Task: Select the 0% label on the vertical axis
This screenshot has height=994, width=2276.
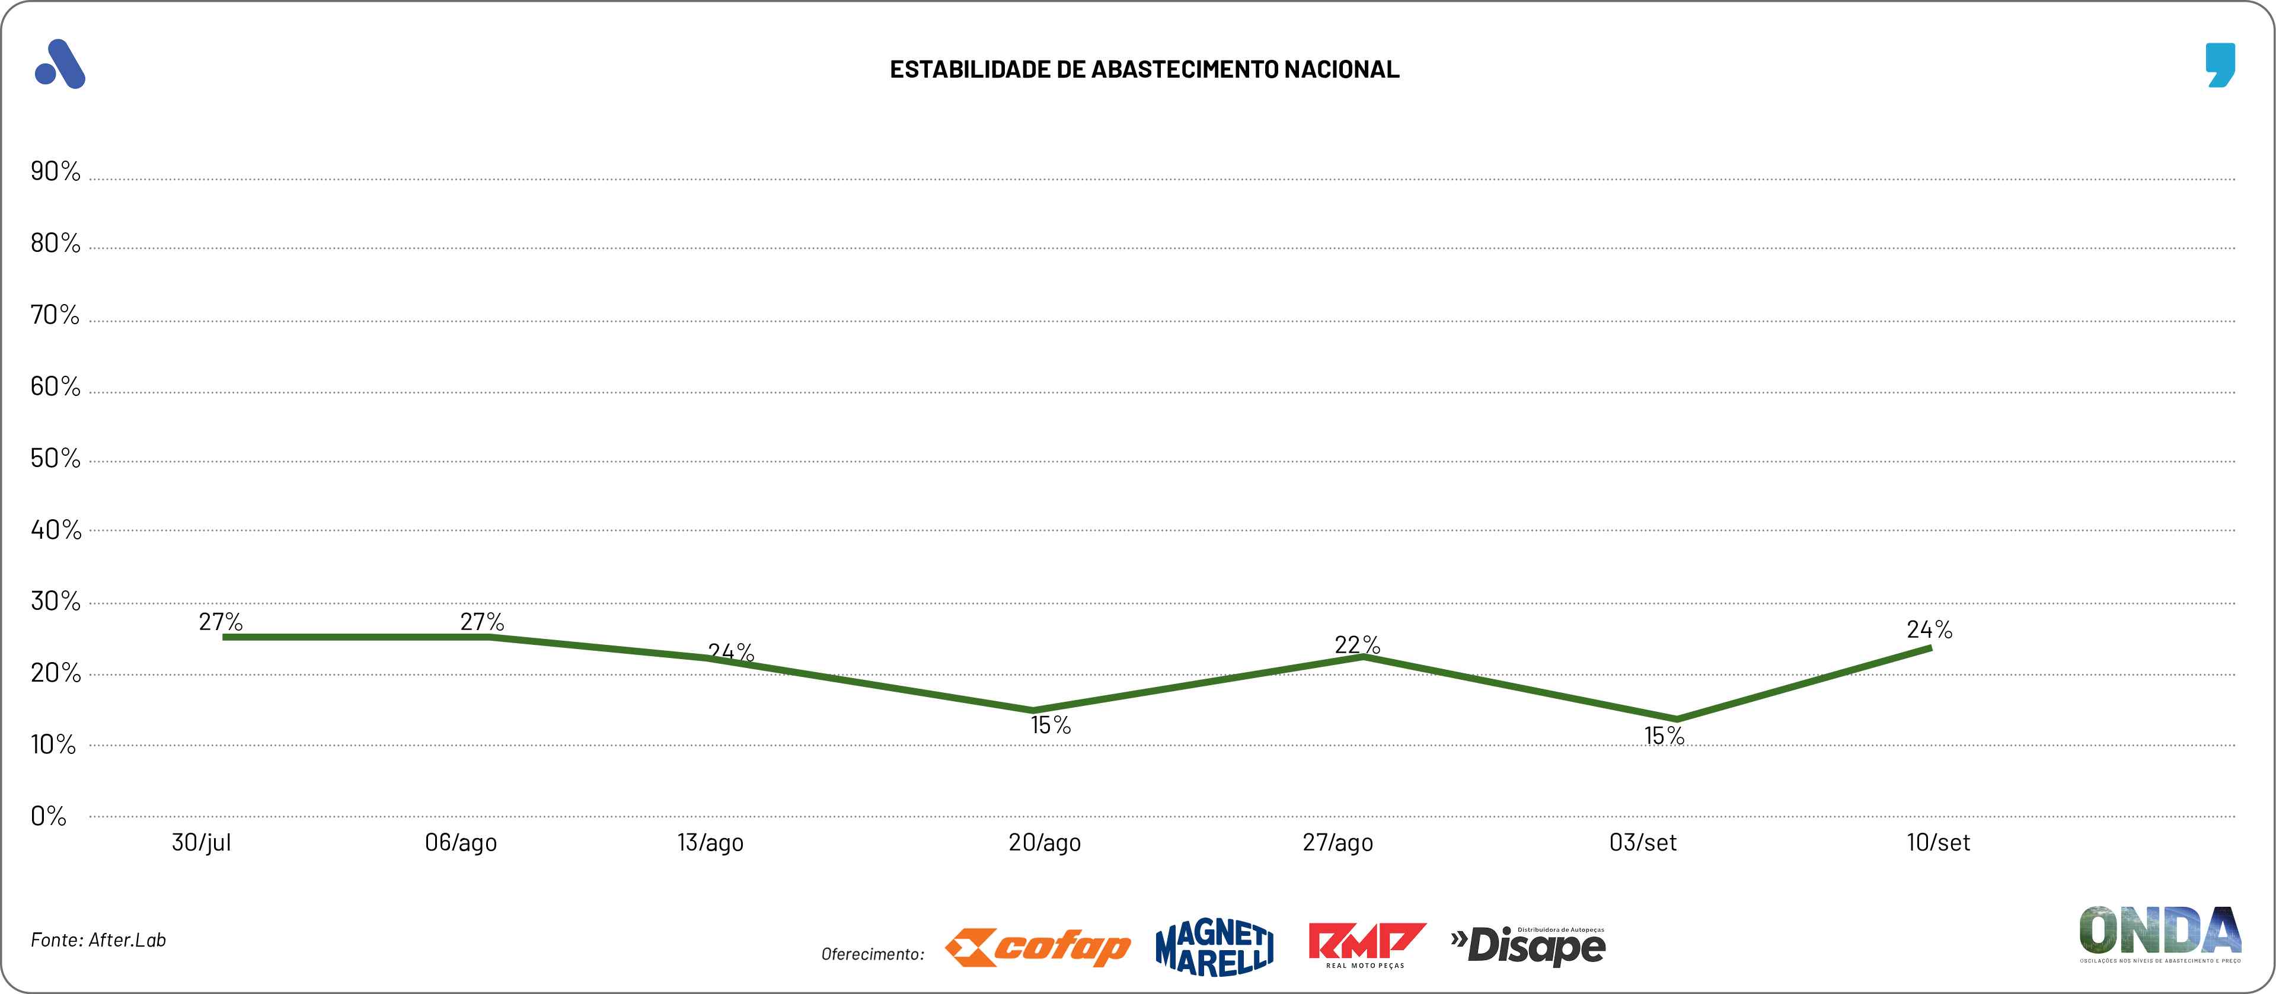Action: [x=49, y=816]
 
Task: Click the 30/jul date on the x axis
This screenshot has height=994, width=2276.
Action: [x=202, y=843]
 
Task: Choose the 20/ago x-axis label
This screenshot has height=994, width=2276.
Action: [x=1045, y=843]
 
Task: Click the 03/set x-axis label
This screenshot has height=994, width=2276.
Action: [x=1642, y=843]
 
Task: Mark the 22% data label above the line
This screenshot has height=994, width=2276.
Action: [x=1357, y=645]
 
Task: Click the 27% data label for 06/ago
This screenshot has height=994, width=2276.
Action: [x=483, y=622]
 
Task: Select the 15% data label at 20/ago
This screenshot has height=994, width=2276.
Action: [x=1051, y=725]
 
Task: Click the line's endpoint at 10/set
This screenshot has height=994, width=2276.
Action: [x=1930, y=648]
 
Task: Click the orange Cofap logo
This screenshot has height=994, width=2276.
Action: [x=1038, y=948]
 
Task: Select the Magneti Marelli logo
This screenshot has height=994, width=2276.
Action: [x=1215, y=948]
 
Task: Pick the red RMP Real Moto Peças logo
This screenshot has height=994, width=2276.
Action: [x=1366, y=945]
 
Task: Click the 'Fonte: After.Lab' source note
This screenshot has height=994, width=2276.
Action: [x=98, y=940]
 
